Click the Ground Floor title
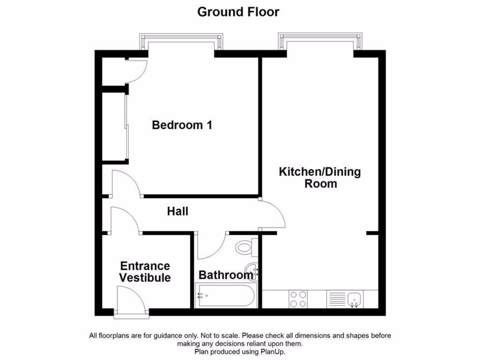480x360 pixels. click(x=238, y=12)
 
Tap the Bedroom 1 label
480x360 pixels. click(x=182, y=125)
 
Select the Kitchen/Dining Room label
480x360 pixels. click(x=320, y=177)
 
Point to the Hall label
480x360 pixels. click(x=178, y=212)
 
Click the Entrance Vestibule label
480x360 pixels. click(x=144, y=272)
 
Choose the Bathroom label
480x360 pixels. click(x=225, y=275)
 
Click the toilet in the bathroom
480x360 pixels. click(x=246, y=247)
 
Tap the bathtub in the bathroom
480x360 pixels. click(x=225, y=296)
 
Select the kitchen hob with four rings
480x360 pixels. click(x=298, y=299)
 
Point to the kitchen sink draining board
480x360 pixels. click(x=336, y=299)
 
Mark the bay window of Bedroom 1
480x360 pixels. click(x=182, y=41)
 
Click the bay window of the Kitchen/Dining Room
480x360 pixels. click(x=320, y=41)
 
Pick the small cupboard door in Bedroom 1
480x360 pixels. click(x=137, y=71)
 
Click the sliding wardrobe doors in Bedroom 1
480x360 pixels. click(x=127, y=127)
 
